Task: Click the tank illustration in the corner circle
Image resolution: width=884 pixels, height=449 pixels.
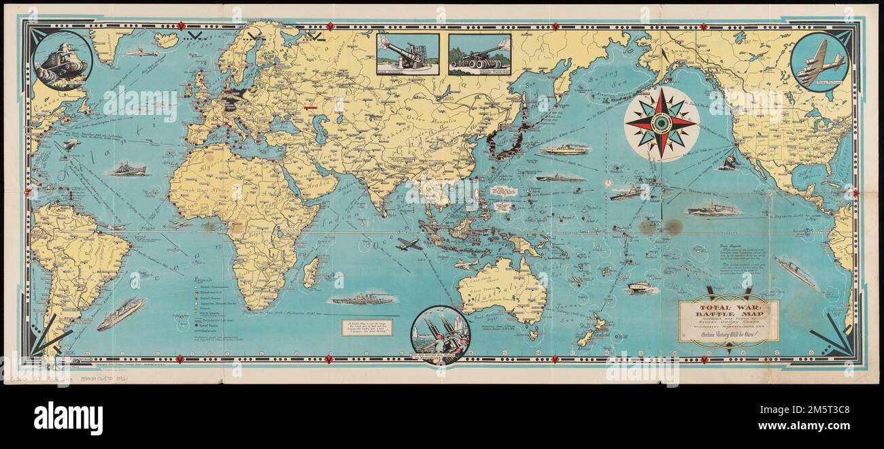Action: pyautogui.click(x=62, y=62)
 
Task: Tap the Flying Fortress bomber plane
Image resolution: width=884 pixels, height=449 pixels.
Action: pyautogui.click(x=821, y=63)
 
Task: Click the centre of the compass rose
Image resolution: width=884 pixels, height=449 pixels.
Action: pyautogui.click(x=661, y=123)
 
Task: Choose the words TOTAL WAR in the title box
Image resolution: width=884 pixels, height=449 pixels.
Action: pyautogui.click(x=728, y=307)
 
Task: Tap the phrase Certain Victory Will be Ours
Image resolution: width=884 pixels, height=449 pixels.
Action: pyautogui.click(x=729, y=342)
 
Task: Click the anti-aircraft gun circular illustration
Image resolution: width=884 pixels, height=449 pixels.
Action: pyautogui.click(x=440, y=333)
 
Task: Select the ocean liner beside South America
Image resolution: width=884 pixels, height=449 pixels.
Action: pyautogui.click(x=120, y=314)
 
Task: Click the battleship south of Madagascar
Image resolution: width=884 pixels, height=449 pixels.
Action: pyautogui.click(x=361, y=299)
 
